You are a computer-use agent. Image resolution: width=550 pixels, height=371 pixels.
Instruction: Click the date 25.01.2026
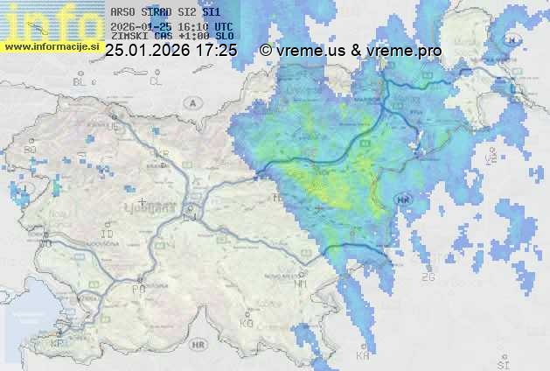click(x=148, y=52)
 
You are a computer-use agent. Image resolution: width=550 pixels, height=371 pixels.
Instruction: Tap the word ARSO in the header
click(x=122, y=13)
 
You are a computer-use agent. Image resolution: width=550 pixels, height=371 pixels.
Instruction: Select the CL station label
click(x=156, y=81)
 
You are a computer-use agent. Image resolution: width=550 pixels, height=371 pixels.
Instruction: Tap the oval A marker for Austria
click(x=191, y=102)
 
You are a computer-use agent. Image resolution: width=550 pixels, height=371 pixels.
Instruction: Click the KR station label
click(x=162, y=154)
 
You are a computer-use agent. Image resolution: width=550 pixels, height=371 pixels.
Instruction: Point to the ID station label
click(x=108, y=235)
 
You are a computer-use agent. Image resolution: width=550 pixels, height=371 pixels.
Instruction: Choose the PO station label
click(x=137, y=288)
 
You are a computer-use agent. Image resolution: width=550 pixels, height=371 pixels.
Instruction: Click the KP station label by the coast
click(x=58, y=343)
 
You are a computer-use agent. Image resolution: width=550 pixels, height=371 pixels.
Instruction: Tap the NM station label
click(x=301, y=283)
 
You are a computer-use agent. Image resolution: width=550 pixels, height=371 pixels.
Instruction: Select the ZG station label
click(x=428, y=277)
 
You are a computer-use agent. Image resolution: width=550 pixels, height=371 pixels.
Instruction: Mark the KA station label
click(x=363, y=356)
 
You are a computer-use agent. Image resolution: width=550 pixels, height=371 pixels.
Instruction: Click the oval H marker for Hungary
click(x=513, y=40)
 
